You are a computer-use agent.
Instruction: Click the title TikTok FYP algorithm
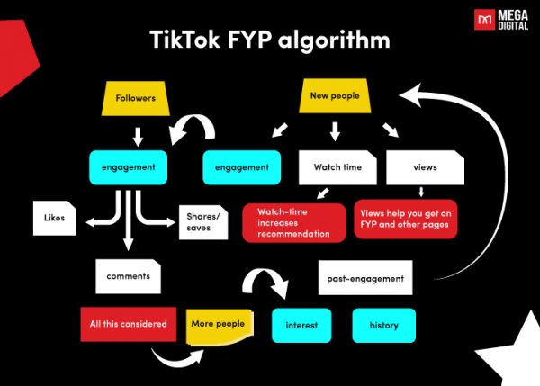[269, 40]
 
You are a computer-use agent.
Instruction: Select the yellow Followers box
[137, 99]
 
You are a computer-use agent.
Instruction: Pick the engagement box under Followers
[128, 166]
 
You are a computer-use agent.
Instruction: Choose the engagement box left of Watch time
[241, 166]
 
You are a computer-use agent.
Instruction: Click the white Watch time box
[337, 166]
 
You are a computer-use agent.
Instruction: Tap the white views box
[424, 166]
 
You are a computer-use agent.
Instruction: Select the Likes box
[54, 218]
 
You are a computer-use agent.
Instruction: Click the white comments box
[128, 276]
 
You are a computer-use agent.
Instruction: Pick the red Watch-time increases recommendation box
[293, 222]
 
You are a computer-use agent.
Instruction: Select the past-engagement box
[365, 278]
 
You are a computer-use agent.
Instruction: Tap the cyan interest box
[302, 325]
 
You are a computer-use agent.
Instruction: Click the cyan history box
[383, 325]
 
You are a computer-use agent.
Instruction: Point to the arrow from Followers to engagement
[137, 136]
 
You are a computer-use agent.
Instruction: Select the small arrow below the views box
[421, 192]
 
